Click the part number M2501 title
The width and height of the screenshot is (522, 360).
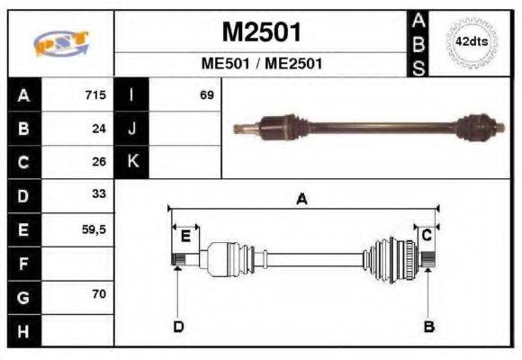pyautogui.click(x=261, y=33)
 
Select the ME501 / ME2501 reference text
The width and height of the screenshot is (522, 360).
pyautogui.click(x=261, y=65)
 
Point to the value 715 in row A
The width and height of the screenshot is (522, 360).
pyautogui.click(x=94, y=95)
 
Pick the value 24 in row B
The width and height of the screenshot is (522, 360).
pyautogui.click(x=98, y=129)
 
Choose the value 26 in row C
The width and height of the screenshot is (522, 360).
pyautogui.click(x=98, y=162)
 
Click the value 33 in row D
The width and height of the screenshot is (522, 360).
pyautogui.click(x=98, y=194)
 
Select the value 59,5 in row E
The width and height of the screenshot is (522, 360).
pyautogui.click(x=93, y=229)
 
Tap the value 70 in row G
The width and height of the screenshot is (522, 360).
pyautogui.click(x=98, y=295)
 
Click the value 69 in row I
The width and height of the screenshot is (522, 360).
pyautogui.click(x=206, y=95)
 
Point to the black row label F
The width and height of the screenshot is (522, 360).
pyautogui.click(x=22, y=263)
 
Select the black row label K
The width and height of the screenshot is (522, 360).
pyautogui.click(x=133, y=162)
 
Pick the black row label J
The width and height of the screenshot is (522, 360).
pyautogui.click(x=133, y=129)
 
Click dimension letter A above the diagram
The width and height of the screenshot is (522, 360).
pyautogui.click(x=302, y=200)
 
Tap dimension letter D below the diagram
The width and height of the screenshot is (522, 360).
pyautogui.click(x=178, y=327)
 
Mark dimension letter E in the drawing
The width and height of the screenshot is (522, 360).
pyautogui.click(x=185, y=237)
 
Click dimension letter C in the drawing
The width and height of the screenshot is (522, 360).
pyautogui.click(x=427, y=236)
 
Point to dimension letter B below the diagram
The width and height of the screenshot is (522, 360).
pyautogui.click(x=429, y=327)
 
